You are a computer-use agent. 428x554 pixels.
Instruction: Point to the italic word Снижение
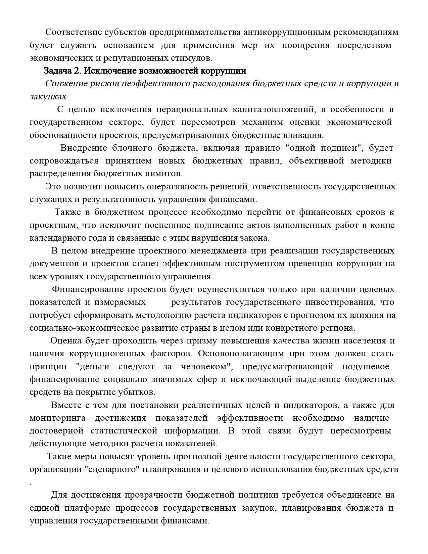coord(66,84)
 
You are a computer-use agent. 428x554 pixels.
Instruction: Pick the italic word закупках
coord(48,97)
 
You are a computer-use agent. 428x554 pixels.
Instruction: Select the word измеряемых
coord(120,302)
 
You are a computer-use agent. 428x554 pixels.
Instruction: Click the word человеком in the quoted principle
coord(204,367)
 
